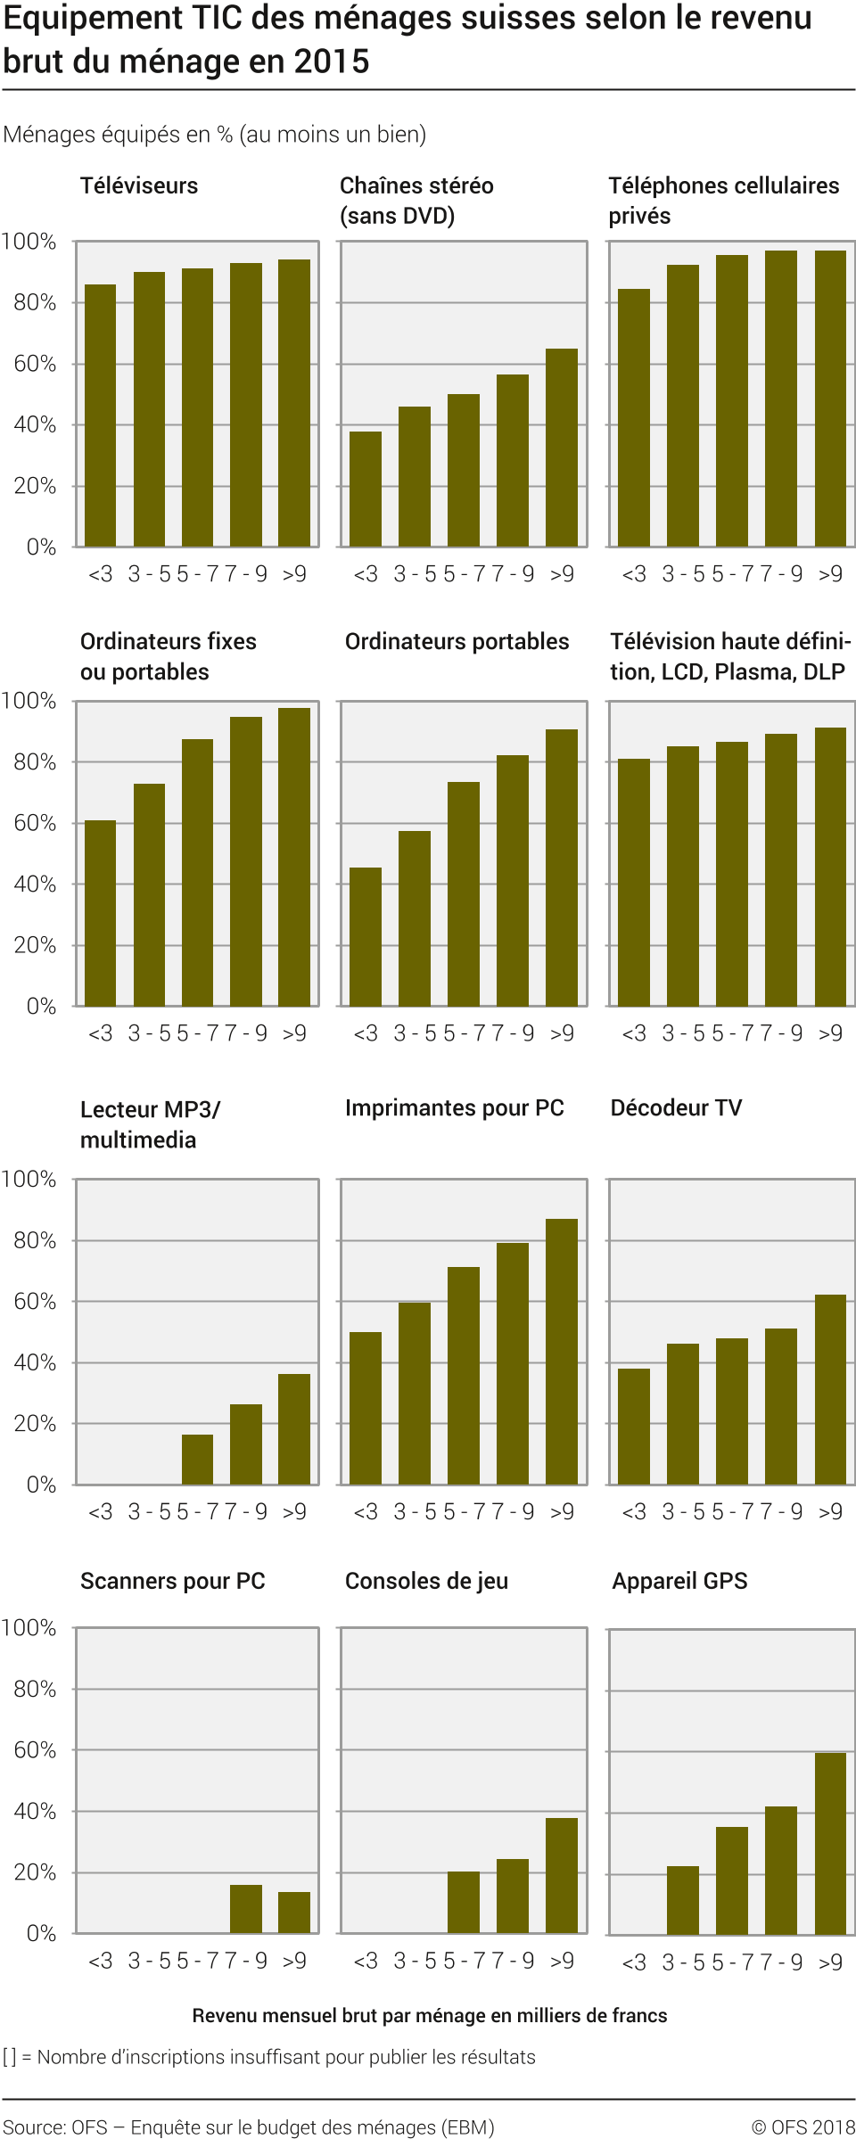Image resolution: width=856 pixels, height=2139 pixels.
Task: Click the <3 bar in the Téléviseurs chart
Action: coord(100,415)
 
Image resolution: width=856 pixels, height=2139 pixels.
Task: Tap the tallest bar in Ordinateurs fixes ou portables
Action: coord(294,857)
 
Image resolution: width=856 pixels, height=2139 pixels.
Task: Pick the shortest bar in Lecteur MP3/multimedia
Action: coord(197,1460)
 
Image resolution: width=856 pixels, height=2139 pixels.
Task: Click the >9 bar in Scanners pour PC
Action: coord(294,1913)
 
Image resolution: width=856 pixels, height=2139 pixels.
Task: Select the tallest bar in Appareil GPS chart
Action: coord(830,1844)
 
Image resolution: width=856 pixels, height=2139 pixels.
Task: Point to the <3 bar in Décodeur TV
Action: coord(634,1427)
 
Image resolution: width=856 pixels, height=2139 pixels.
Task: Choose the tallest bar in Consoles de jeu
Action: coord(562,1875)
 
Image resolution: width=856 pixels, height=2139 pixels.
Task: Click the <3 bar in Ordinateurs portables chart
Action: coord(366,936)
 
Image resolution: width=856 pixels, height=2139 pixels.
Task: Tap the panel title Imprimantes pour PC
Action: coord(454,1108)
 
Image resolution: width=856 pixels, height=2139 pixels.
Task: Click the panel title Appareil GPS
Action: coord(679,1581)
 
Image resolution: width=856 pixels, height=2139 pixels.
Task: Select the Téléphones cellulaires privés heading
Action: coord(723,201)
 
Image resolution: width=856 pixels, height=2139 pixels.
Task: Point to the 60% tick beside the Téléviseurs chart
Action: coord(35,364)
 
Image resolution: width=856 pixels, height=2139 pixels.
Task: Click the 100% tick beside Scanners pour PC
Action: coord(29,1628)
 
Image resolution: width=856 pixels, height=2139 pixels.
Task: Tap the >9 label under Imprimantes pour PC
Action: coord(562,1512)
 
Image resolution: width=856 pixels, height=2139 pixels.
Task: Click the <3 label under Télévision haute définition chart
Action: coord(634,1033)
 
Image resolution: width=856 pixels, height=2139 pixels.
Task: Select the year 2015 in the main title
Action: coord(331,62)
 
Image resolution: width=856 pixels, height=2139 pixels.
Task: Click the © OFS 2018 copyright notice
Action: coord(802,2127)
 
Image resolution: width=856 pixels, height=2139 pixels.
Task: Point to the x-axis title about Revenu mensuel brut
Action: coord(429,2016)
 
